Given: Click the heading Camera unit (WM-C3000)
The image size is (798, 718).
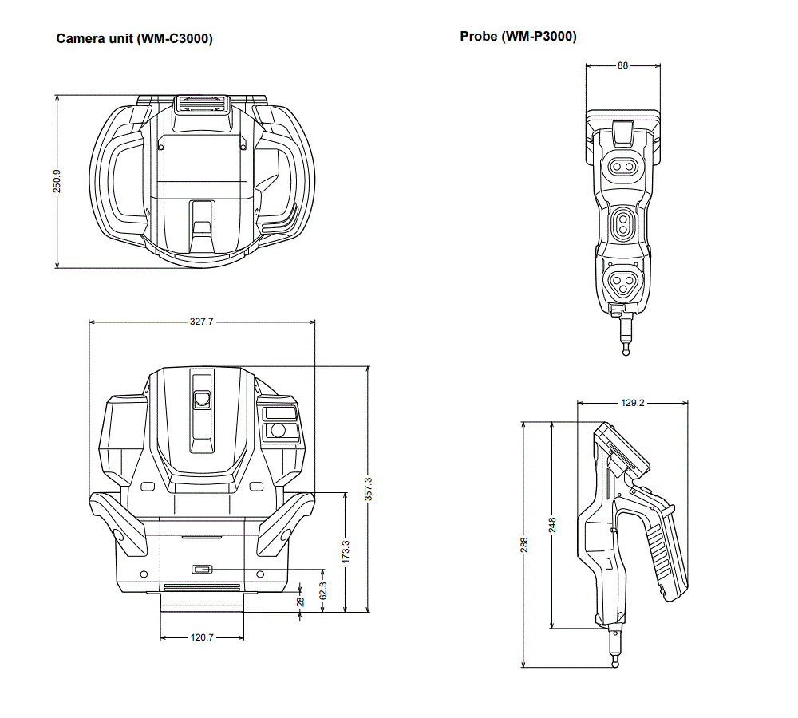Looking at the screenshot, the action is pyautogui.click(x=134, y=38).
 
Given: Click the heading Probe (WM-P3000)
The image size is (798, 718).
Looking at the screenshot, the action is pyautogui.click(x=518, y=36).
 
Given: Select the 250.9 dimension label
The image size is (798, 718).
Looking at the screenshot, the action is pyautogui.click(x=57, y=181).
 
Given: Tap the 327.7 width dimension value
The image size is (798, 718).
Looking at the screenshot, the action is pyautogui.click(x=202, y=322).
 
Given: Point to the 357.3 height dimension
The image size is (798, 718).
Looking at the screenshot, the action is pyautogui.click(x=369, y=489).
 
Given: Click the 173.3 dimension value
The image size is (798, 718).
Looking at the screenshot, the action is pyautogui.click(x=346, y=551).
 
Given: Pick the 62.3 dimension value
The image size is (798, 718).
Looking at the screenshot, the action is pyautogui.click(x=323, y=591).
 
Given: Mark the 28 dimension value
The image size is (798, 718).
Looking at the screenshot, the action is pyautogui.click(x=300, y=602).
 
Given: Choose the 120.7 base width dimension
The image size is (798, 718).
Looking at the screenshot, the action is pyautogui.click(x=202, y=637).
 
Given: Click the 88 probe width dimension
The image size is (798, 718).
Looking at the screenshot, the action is pyautogui.click(x=623, y=65).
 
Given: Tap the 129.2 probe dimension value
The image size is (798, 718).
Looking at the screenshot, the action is pyautogui.click(x=633, y=403).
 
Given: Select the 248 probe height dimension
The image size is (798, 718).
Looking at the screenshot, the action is pyautogui.click(x=552, y=525).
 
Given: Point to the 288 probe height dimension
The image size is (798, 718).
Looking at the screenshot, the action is pyautogui.click(x=524, y=545).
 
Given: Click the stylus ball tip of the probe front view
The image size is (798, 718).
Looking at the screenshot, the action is pyautogui.click(x=626, y=351).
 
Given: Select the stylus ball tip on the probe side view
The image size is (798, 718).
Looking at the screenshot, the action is pyautogui.click(x=615, y=664).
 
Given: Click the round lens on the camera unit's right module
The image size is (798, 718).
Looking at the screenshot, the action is pyautogui.click(x=278, y=431).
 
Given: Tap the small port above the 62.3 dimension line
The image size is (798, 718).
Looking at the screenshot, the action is pyautogui.click(x=202, y=569).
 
